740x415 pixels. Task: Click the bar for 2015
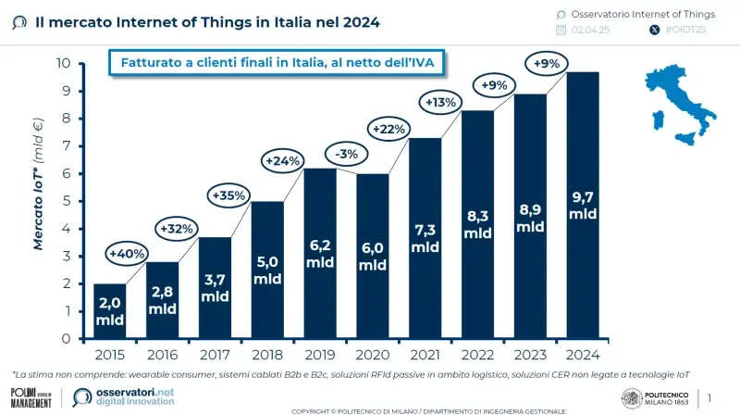pos(109,311)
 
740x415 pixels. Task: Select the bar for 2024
pos(583,205)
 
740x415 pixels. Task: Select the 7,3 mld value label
pos(425,238)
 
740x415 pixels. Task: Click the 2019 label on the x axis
pos(320,354)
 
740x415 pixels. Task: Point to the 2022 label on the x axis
pos(477,354)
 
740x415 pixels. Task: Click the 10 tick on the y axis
pos(65,63)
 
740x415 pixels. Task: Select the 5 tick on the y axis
pos(68,201)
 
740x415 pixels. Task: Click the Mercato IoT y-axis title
pos(41,200)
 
